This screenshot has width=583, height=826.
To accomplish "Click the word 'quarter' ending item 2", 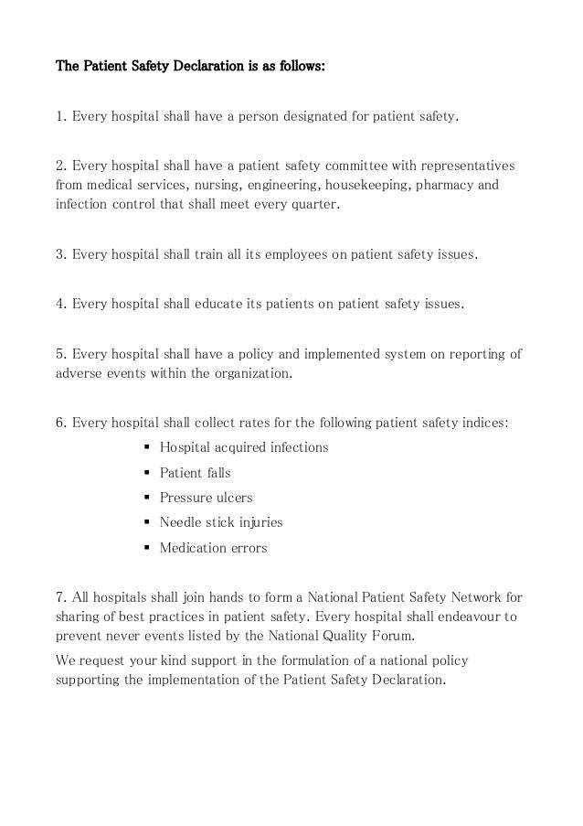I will (x=313, y=203).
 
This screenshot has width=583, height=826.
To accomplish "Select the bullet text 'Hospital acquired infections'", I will (x=244, y=448).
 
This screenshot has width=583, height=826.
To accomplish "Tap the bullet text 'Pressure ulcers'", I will (x=206, y=499).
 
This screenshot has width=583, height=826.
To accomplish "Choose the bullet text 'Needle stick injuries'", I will (x=221, y=523).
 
